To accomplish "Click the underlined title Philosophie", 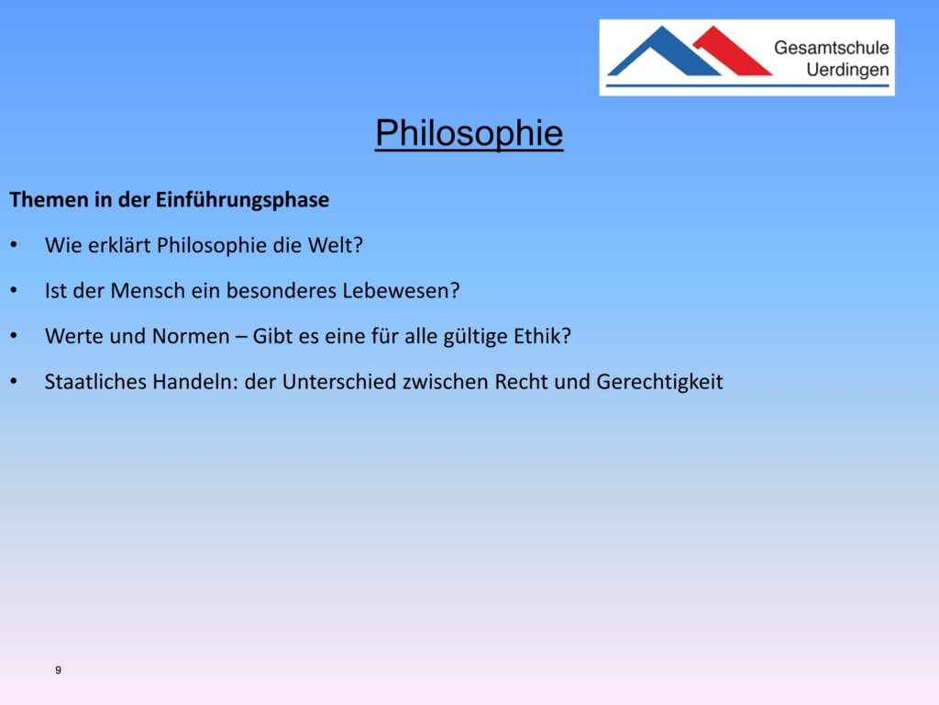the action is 469,133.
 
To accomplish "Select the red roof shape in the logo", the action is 732,51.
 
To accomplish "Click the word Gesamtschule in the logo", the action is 831,48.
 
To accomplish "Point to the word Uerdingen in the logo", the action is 847,70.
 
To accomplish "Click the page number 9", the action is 58,670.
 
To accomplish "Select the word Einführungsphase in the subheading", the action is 242,199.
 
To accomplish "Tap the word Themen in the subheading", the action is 50,199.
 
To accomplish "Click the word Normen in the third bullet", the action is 191,336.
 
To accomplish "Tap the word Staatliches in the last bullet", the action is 95,382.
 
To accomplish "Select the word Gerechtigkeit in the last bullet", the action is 660,383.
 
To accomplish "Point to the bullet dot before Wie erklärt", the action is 14,244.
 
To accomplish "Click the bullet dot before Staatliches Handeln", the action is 14,381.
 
